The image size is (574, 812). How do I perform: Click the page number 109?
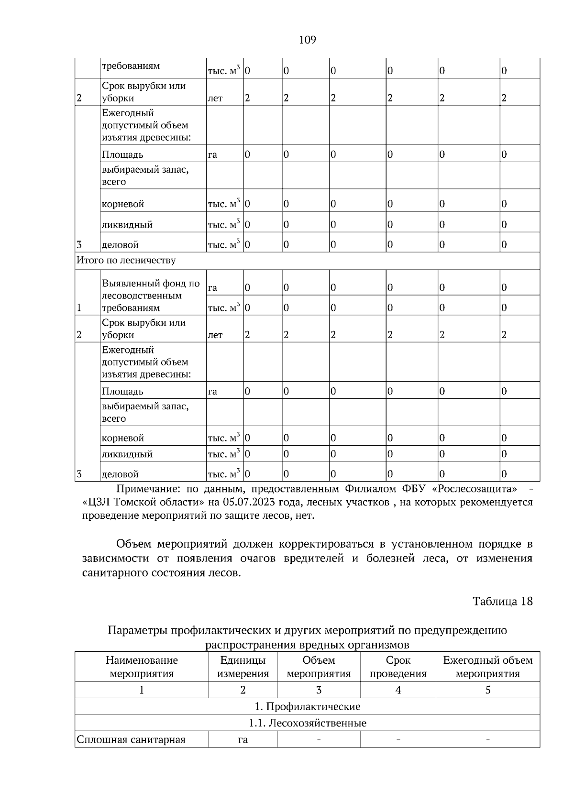coord(307,40)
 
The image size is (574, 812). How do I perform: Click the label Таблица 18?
coord(502,601)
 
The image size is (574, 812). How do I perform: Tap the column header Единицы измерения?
coord(243,667)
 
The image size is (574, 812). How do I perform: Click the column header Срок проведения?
coord(398,667)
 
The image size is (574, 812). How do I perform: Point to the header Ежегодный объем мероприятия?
coord(487,667)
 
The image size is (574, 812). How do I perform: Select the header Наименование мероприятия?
coord(142,667)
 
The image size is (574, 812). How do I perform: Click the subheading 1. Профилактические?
coord(307,706)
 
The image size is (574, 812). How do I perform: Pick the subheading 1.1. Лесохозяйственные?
coord(307,723)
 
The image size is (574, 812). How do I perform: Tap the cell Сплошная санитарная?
coord(131,740)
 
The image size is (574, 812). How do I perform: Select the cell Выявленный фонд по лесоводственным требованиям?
coord(151,296)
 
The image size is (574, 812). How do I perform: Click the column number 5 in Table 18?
coord(487,690)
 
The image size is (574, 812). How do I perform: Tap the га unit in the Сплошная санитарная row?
coord(243,740)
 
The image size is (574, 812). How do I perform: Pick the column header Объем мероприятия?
coord(319,667)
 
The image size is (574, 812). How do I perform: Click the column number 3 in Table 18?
coord(319,690)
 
